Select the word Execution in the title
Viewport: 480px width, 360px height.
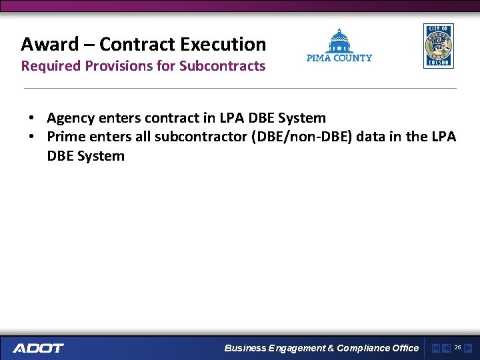tap(229, 45)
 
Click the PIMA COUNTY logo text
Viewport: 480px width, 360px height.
tap(339, 58)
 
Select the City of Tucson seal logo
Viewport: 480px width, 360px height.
tap(438, 46)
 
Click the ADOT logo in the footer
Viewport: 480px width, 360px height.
tap(39, 348)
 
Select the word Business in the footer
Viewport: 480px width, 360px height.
tap(245, 348)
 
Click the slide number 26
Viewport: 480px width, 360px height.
tap(457, 347)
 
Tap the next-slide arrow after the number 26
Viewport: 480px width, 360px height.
tap(468, 348)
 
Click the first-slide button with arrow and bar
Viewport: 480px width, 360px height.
tap(435, 348)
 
